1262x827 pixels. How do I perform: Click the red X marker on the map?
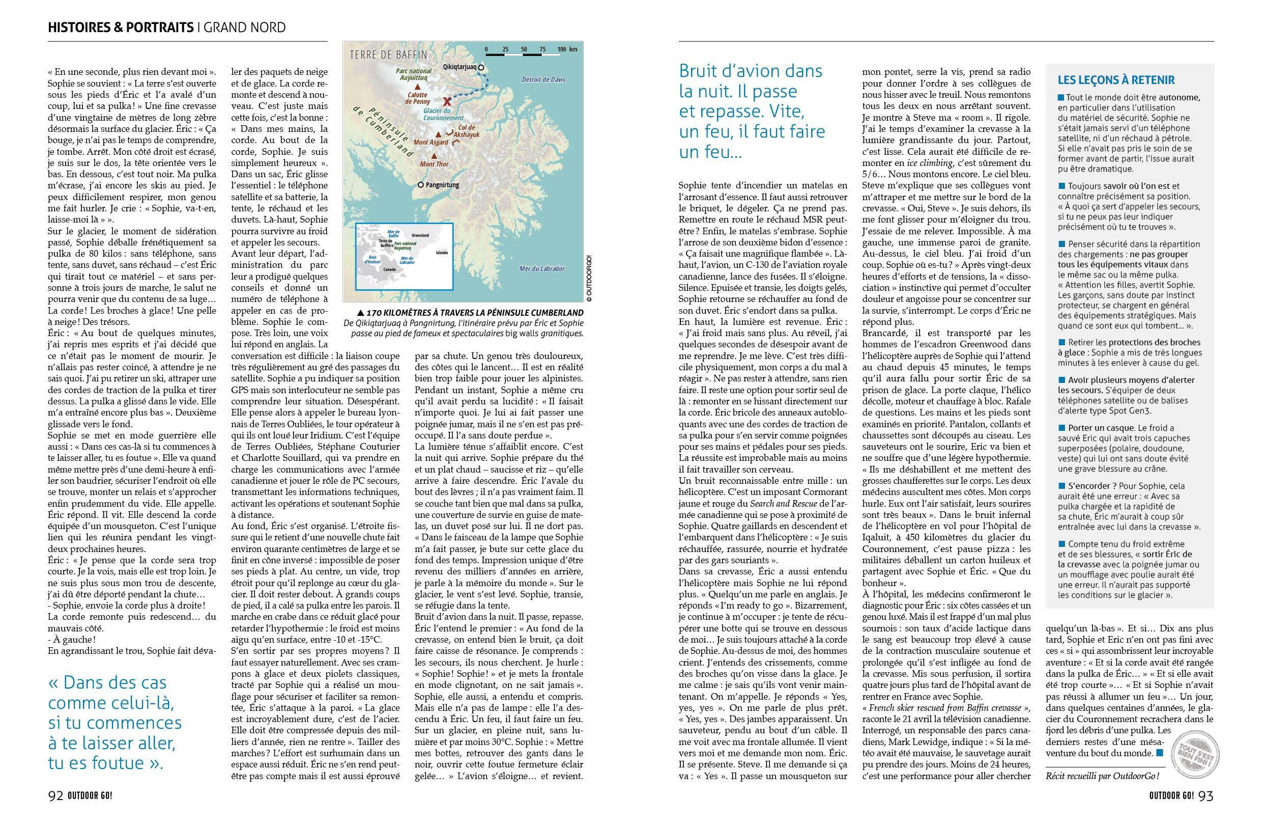(x=447, y=101)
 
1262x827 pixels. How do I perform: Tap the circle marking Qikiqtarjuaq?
(x=481, y=67)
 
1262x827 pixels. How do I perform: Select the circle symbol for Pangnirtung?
(x=420, y=185)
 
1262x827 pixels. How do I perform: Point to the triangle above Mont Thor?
(x=434, y=156)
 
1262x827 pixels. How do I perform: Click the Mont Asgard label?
(x=431, y=142)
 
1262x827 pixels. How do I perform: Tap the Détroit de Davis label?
(x=543, y=79)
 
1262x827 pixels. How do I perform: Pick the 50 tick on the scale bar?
(x=524, y=49)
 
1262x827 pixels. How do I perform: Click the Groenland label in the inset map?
(x=420, y=235)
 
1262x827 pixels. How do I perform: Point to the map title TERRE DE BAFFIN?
(x=388, y=54)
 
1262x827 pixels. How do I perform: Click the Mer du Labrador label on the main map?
(x=541, y=268)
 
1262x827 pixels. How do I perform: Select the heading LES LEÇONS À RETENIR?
(x=1115, y=80)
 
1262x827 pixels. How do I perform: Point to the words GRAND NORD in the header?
(x=244, y=27)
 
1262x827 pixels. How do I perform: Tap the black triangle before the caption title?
(x=361, y=313)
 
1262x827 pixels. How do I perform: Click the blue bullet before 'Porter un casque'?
(x=1062, y=428)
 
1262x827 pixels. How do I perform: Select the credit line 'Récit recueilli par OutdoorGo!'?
(x=1102, y=776)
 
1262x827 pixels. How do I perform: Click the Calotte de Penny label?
(x=417, y=98)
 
